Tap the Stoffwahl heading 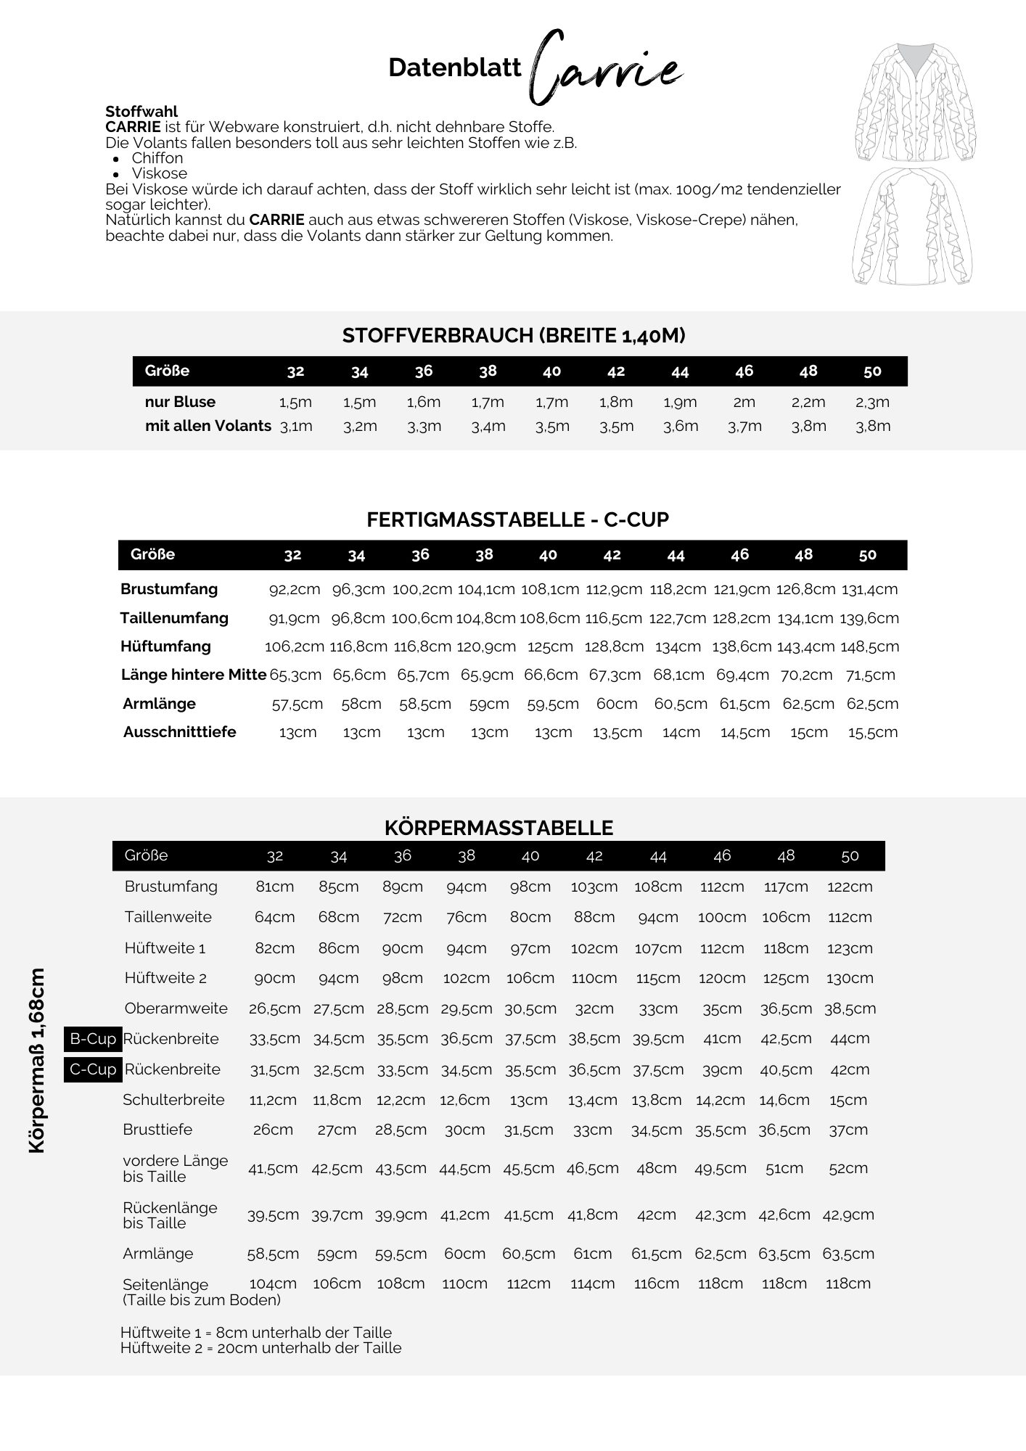pyautogui.click(x=141, y=112)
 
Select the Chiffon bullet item pyautogui.click(x=157, y=158)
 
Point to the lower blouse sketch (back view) pyautogui.click(x=912, y=226)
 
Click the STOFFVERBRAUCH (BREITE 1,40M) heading pyautogui.click(x=514, y=336)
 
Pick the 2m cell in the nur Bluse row pyautogui.click(x=744, y=402)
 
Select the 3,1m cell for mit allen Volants pyautogui.click(x=296, y=426)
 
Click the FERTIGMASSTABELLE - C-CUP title pyautogui.click(x=517, y=519)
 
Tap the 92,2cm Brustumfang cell pyautogui.click(x=295, y=589)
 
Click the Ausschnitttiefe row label pyautogui.click(x=179, y=732)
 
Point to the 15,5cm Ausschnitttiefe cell pyautogui.click(x=873, y=732)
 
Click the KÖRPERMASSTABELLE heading pyautogui.click(x=498, y=828)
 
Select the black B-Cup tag pyautogui.click(x=92, y=1039)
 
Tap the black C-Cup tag pyautogui.click(x=92, y=1069)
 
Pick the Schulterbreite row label pyautogui.click(x=173, y=1100)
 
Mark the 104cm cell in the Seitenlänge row pyautogui.click(x=274, y=1283)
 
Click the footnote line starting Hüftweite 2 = pyautogui.click(x=260, y=1348)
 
